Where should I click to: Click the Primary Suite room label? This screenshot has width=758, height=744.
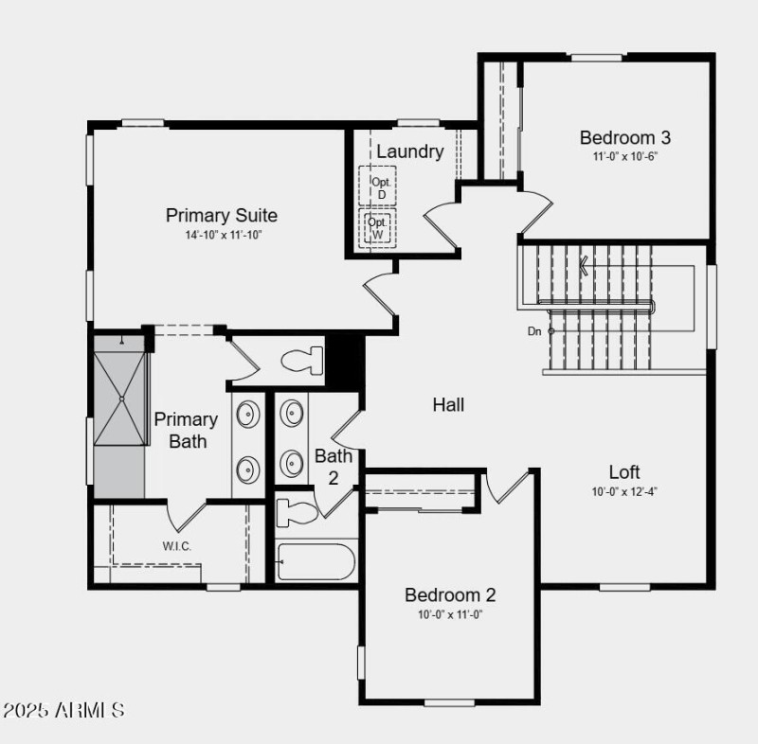click(x=222, y=215)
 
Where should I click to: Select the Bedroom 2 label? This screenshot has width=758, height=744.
click(x=450, y=595)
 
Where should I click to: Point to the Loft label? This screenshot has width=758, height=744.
click(x=624, y=471)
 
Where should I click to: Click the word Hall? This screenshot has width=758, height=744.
click(x=448, y=405)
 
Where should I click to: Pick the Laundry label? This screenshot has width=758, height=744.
click(x=409, y=151)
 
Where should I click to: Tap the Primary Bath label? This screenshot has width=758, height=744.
click(x=186, y=430)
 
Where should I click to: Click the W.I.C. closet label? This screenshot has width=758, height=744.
click(x=177, y=545)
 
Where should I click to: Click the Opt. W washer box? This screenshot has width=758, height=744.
click(x=378, y=228)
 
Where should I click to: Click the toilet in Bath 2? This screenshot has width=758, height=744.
click(x=297, y=514)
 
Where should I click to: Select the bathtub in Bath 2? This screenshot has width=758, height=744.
click(x=316, y=561)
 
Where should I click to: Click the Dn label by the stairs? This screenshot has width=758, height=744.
click(x=534, y=331)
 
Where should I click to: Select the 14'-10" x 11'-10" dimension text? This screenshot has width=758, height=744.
click(x=222, y=234)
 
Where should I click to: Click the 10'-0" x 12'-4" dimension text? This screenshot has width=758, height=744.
click(x=624, y=490)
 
